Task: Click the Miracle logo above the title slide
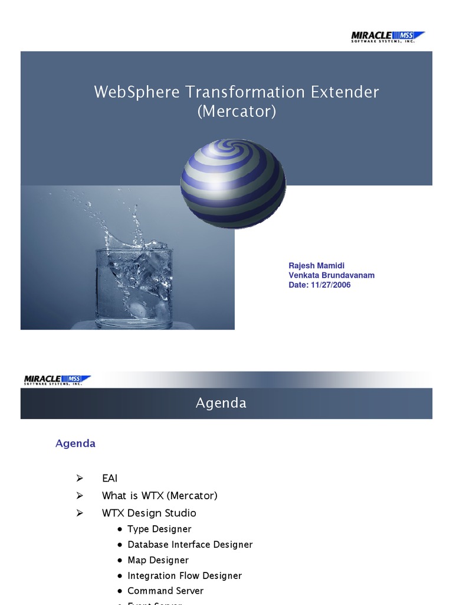click(388, 37)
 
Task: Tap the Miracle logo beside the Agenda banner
click(57, 380)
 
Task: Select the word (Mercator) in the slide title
click(237, 111)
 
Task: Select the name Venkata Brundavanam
click(331, 275)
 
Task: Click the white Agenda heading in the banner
click(221, 403)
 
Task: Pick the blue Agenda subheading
click(75, 443)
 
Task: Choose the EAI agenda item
click(110, 478)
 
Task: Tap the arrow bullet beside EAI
click(80, 478)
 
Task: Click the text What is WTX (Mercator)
click(160, 496)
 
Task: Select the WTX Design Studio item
click(149, 513)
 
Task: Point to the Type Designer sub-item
click(159, 529)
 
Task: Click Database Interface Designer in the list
click(190, 544)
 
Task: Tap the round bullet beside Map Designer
click(120, 560)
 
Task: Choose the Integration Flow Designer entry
click(185, 575)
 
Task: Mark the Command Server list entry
click(165, 591)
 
